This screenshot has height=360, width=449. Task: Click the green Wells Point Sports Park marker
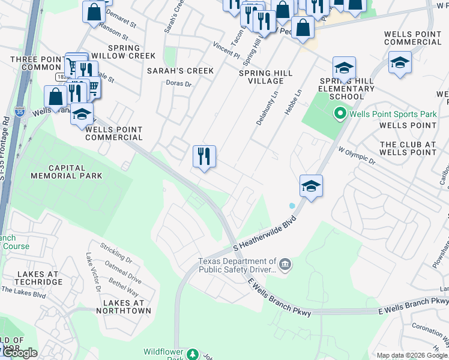tap(340, 113)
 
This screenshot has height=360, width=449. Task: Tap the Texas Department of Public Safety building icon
tap(285, 263)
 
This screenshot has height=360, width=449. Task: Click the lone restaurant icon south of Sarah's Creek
tap(204, 157)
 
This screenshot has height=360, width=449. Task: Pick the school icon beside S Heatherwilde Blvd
tap(311, 186)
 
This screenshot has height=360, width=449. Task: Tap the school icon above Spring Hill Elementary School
tap(344, 68)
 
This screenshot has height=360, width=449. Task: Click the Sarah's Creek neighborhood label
tap(180, 71)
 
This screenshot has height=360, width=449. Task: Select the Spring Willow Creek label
tap(124, 52)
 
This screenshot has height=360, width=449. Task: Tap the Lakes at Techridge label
tap(38, 278)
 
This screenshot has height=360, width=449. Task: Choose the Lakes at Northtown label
tap(126, 307)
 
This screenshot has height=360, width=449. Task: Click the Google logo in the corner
tap(19, 353)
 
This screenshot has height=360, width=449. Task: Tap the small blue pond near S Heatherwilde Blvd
tap(292, 206)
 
